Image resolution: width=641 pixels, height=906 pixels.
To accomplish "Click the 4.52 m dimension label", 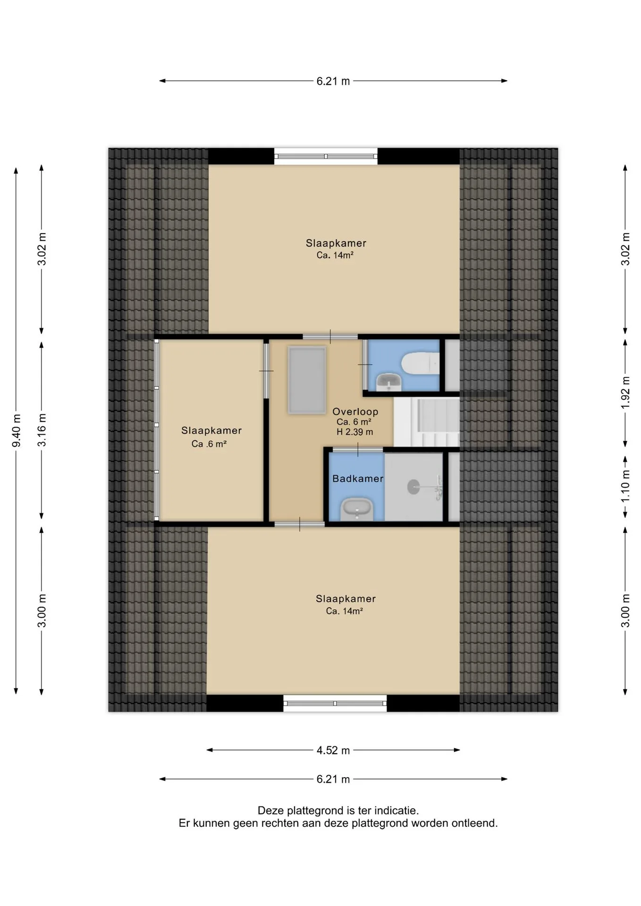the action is coord(333,750).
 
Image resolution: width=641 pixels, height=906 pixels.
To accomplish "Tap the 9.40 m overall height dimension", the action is coord(17,430).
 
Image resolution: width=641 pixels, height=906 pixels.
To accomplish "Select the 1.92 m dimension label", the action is coord(625,393).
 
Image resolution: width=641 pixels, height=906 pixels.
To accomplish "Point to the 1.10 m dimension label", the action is coord(625,487).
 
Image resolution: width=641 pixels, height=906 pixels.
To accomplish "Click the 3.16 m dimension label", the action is coord(42,430).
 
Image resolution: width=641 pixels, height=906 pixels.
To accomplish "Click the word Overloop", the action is coord(355,411).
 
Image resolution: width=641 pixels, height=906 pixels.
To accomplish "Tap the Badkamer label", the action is coord(358,478).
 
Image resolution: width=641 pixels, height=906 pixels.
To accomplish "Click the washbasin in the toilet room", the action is coord(389,382).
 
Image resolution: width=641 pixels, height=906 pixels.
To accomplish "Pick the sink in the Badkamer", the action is coord(357,509).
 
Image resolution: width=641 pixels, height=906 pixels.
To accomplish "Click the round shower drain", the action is coord(413,487).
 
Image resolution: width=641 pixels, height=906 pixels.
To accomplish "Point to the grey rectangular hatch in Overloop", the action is coord(307,380).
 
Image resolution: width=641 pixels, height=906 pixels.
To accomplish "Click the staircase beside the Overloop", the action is coord(426,422).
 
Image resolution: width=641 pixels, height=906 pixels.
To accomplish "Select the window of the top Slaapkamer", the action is coord(326,156).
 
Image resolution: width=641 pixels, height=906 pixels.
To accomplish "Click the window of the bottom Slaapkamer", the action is coord(335,703).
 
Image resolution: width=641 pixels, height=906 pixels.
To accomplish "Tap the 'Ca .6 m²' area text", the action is coord(209,444).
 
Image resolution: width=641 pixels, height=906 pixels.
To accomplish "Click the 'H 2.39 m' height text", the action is coord(355,432).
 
